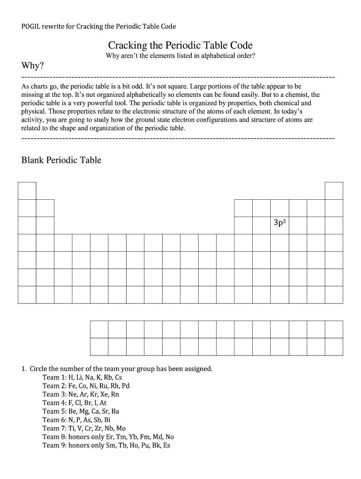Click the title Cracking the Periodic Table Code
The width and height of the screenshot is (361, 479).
pyautogui.click(x=180, y=45)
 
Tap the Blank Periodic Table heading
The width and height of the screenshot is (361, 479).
pyautogui.click(x=61, y=160)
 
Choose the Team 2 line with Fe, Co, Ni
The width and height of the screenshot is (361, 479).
pyautogui.click(x=86, y=386)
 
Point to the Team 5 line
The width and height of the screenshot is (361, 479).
pyautogui.click(x=81, y=411)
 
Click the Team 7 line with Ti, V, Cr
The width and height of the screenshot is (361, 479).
pyautogui.click(x=84, y=428)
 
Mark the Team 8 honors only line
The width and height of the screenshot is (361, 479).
pyautogui.click(x=108, y=437)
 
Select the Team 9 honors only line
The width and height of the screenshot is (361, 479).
pyautogui.click(x=106, y=445)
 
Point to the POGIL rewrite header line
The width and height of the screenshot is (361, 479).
pyautogui.click(x=99, y=27)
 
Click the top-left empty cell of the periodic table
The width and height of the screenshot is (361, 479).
pyautogui.click(x=27, y=191)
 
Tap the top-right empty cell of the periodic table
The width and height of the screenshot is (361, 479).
pyautogui.click(x=334, y=191)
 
